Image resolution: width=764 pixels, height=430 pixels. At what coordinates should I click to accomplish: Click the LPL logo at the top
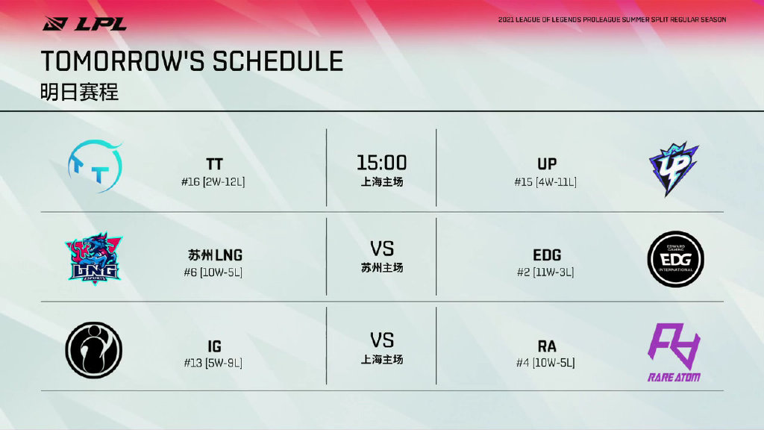click(84, 23)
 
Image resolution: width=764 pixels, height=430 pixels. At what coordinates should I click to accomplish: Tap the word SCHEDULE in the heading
click(278, 61)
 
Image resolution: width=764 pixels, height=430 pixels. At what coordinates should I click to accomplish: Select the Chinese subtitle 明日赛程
click(79, 92)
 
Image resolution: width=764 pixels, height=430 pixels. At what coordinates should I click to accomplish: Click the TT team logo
click(95, 166)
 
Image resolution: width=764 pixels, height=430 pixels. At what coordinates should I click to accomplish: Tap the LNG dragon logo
click(93, 258)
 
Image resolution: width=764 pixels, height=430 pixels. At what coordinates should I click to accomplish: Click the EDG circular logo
click(675, 259)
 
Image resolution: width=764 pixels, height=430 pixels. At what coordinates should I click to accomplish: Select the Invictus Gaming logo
click(93, 350)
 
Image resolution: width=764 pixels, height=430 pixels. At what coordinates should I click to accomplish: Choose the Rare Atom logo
click(674, 352)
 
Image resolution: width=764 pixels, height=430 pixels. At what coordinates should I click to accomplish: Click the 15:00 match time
click(381, 163)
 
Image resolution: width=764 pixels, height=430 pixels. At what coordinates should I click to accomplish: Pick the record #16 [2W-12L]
click(213, 182)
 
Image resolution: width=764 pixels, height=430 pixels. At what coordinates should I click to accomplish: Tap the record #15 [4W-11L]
click(545, 182)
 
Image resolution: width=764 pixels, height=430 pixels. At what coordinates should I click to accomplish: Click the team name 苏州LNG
click(215, 255)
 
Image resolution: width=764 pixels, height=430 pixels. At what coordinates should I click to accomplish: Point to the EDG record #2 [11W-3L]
click(545, 272)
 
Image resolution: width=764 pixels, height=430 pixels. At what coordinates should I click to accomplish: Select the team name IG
click(214, 346)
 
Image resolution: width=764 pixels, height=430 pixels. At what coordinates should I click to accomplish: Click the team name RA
click(547, 346)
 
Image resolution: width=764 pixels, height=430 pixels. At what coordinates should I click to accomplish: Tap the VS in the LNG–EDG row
click(381, 249)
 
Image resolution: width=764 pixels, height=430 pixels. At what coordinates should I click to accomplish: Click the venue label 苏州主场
click(381, 268)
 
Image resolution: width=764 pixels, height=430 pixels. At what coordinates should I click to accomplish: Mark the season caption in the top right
click(612, 20)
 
